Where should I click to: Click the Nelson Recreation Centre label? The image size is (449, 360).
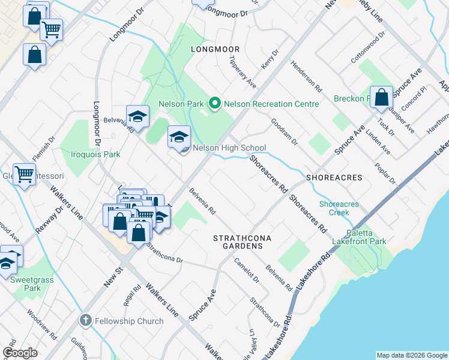(x=271, y=104)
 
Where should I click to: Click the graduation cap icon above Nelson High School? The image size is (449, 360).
(x=179, y=137)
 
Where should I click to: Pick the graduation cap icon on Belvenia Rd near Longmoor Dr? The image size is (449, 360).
(x=137, y=116)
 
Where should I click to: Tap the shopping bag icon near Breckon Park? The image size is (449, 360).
(x=381, y=97)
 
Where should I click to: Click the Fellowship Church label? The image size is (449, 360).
(x=129, y=321)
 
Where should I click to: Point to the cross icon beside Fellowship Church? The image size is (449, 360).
(x=86, y=320)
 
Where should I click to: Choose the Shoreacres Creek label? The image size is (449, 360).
(x=339, y=208)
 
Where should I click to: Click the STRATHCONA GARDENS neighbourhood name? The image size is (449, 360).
(x=243, y=242)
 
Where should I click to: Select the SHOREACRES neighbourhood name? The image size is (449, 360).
(x=334, y=178)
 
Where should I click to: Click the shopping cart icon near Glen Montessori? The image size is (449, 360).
(x=24, y=175)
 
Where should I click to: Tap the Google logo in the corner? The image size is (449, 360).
(x=20, y=353)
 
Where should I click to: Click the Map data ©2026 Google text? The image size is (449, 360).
(x=411, y=355)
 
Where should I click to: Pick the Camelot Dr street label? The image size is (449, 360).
(x=246, y=271)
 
